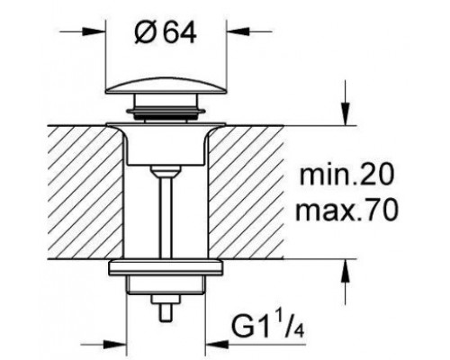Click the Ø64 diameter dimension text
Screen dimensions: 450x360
(x=166, y=32)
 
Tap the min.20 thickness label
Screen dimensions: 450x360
(x=346, y=175)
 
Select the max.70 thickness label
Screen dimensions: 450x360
(x=347, y=211)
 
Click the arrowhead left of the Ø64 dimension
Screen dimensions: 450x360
(x=94, y=31)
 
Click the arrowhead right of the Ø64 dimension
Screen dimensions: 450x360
(x=238, y=31)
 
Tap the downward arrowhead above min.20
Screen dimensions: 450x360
(x=346, y=113)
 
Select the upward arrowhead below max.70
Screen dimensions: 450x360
(x=346, y=271)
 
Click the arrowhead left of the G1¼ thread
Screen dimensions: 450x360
(x=114, y=345)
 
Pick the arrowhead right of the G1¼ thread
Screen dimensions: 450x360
(x=218, y=345)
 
